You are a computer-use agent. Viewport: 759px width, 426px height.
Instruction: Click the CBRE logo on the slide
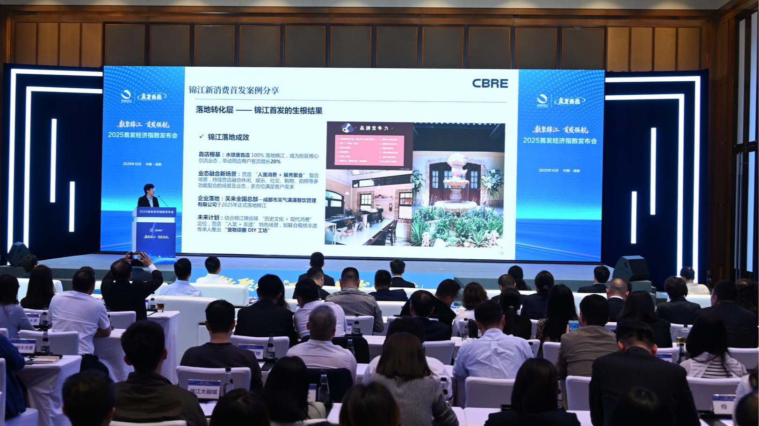click(x=490, y=84)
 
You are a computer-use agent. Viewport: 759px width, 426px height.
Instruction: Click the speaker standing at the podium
click(x=148, y=196)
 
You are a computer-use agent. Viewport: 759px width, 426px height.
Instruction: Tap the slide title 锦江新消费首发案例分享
click(x=234, y=90)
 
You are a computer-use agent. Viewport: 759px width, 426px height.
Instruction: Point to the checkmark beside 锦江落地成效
click(x=202, y=136)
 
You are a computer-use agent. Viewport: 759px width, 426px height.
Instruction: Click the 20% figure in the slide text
click(x=275, y=161)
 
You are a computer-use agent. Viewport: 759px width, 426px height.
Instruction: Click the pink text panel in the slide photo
click(x=369, y=150)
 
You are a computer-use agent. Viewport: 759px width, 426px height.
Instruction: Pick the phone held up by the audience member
click(x=136, y=256)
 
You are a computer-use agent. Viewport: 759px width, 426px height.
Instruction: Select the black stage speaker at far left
click(x=18, y=253)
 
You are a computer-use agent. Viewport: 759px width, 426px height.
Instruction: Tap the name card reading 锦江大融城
click(x=204, y=389)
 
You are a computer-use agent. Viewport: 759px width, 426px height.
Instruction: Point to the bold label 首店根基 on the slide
click(x=210, y=155)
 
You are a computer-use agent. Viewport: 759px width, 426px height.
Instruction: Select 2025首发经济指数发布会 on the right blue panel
click(x=560, y=141)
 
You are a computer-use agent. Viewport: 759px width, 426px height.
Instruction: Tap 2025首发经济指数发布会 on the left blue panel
click(x=143, y=135)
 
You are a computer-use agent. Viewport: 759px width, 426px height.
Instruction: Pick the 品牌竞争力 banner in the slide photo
click(x=370, y=128)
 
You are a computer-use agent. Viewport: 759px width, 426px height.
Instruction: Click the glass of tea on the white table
click(x=160, y=306)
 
